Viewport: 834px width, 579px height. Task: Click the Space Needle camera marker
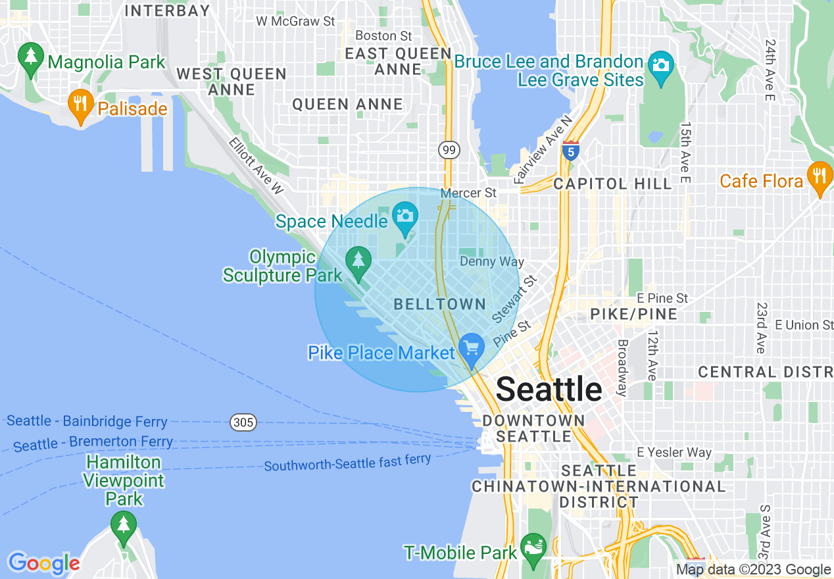click(405, 216)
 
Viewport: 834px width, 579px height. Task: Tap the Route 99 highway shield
click(449, 150)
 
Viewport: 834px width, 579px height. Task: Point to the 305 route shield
click(243, 422)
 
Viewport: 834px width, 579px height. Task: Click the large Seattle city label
click(549, 390)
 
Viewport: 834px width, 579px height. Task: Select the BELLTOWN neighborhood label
click(439, 304)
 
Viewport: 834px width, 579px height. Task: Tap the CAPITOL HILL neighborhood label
click(612, 184)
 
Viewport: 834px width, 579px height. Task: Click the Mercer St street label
click(468, 193)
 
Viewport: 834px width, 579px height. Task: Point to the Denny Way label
click(491, 262)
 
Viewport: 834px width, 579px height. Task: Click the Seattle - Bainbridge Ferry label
click(87, 421)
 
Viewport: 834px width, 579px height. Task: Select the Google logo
click(43, 563)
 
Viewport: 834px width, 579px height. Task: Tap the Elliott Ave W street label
click(256, 165)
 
